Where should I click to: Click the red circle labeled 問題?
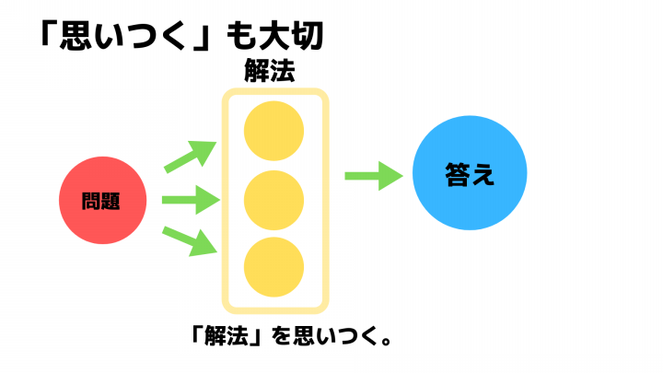[103, 200]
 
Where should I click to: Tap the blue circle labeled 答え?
[470, 173]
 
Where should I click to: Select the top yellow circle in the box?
[274, 131]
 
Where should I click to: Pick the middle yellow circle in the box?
[274, 201]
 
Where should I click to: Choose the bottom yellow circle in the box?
[274, 267]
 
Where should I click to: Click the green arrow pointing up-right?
[191, 157]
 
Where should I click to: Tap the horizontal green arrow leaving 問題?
[192, 200]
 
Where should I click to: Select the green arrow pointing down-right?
[190, 241]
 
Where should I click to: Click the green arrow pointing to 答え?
[374, 176]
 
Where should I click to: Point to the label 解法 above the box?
[270, 71]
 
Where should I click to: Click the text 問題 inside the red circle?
[100, 201]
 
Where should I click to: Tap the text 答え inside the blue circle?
[470, 174]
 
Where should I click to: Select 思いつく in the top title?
[122, 36]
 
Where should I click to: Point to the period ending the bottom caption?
[386, 341]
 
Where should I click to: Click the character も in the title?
[240, 36]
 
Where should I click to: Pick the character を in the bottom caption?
[280, 337]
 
